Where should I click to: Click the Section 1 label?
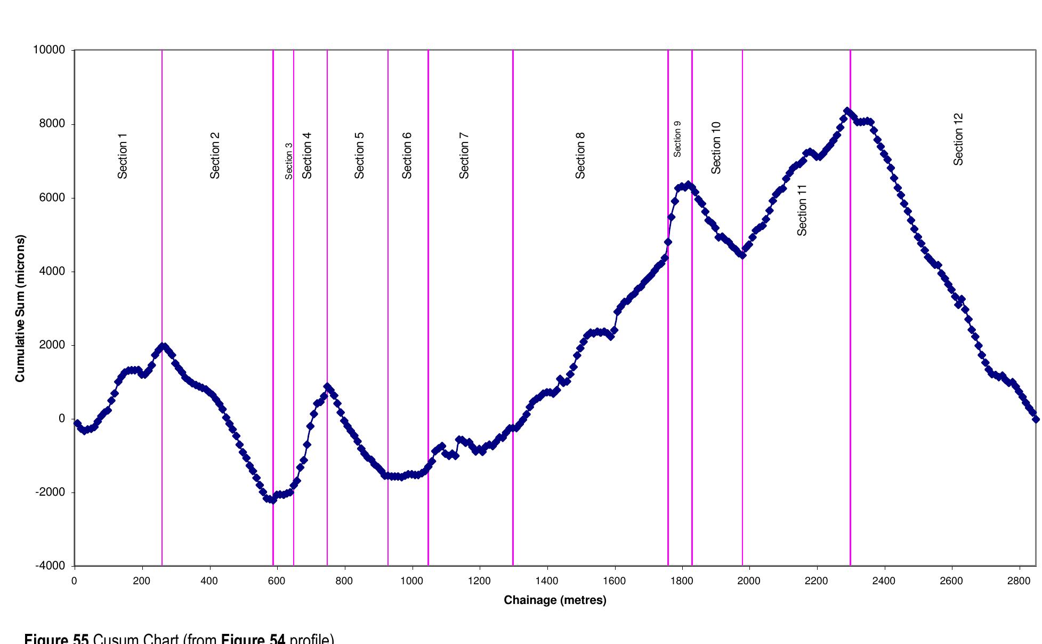pos(123,156)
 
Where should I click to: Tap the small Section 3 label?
pos(289,161)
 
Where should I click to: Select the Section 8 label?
pos(580,155)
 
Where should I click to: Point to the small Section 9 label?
pos(677,139)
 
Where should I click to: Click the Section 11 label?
pos(802,210)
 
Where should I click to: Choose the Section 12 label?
pos(958,139)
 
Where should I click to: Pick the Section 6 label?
pos(407,155)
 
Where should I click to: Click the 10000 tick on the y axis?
pos(49,50)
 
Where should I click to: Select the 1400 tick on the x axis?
pos(547,581)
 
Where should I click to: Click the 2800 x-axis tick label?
pos(1019,581)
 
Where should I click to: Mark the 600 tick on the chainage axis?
pos(277,581)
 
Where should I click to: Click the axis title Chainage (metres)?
pos(555,600)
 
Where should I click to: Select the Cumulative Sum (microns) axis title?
pos(20,308)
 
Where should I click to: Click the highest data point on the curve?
pos(847,111)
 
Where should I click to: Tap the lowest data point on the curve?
pos(272,500)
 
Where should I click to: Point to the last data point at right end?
pos(1036,419)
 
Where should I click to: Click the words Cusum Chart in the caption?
pos(135,639)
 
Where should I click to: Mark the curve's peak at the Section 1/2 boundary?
pos(163,347)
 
